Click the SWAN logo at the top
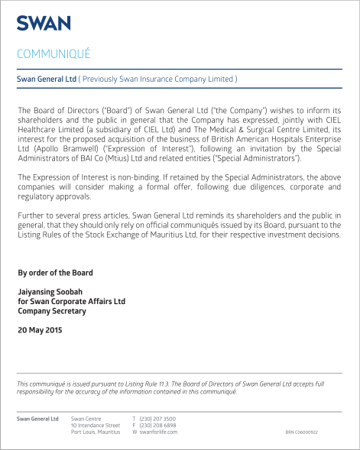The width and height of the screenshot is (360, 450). (x=44, y=23)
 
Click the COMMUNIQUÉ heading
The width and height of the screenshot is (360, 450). (x=54, y=53)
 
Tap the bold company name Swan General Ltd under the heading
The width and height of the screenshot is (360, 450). (x=47, y=79)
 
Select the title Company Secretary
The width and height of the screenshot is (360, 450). (x=50, y=311)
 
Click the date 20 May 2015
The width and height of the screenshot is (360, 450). (x=40, y=330)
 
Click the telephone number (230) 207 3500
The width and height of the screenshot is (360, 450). (x=157, y=419)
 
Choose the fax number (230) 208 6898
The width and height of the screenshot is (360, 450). (x=157, y=426)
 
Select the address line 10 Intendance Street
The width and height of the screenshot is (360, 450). (x=95, y=426)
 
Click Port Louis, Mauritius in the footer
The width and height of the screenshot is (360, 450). (x=95, y=432)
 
